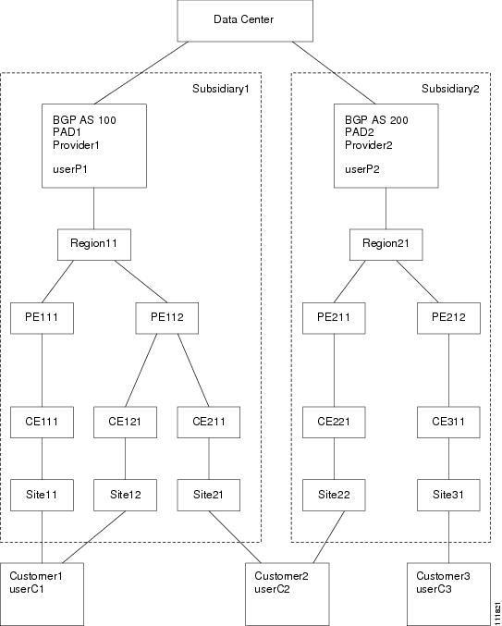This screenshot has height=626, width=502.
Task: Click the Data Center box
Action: pos(245,20)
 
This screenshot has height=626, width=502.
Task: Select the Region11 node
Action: pos(94,244)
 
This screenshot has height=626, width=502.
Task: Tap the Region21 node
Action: pos(386,244)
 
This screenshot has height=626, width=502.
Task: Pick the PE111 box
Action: pos(42,318)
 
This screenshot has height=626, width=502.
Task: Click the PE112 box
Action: pos(166,318)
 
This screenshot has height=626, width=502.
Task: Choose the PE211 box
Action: pos(334,318)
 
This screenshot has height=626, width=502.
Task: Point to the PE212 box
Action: pos(448,318)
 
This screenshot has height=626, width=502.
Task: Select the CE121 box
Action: pos(126,422)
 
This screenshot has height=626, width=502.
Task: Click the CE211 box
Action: pos(209,422)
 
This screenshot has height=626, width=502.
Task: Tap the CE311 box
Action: pos(448,422)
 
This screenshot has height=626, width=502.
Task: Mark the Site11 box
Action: pos(42,495)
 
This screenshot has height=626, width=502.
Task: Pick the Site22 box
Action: pos(334,495)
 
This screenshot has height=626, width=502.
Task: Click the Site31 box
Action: pos(448,495)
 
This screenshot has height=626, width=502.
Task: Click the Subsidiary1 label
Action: pos(221,89)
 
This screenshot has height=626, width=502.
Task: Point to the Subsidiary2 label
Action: pos(450,89)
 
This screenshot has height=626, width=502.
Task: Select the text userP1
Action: pos(70,169)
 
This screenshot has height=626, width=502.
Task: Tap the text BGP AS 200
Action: pos(376,120)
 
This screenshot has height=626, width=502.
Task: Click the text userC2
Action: pos(272,589)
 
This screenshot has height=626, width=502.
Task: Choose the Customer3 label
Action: pos(443,576)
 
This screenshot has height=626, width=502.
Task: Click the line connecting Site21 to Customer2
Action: pos(235,537)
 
